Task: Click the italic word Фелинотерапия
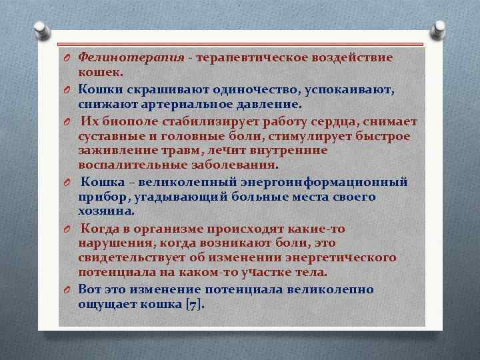tap(131, 57)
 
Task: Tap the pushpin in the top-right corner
tap(440, 28)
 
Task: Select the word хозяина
tap(106, 211)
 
